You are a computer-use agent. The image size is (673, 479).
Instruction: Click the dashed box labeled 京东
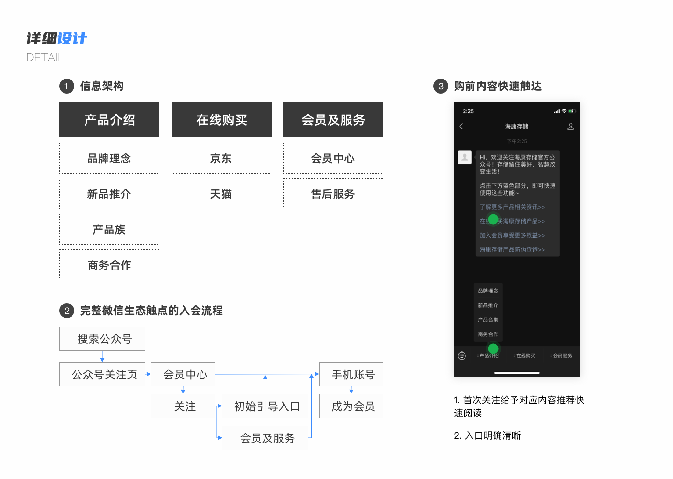[221, 159]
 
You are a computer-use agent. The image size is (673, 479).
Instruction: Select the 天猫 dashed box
[221, 194]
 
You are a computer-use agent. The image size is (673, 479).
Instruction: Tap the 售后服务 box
[333, 194]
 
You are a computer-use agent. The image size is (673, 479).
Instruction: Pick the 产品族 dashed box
[109, 230]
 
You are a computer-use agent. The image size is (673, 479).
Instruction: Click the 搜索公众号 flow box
[102, 339]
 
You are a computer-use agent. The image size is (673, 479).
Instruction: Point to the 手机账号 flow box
[351, 374]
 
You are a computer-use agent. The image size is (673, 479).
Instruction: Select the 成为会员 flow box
[351, 406]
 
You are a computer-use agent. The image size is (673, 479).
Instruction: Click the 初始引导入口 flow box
[265, 406]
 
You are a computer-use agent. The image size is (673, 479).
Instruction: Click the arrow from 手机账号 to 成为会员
[351, 390]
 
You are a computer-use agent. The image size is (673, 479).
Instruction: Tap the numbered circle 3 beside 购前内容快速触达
[440, 86]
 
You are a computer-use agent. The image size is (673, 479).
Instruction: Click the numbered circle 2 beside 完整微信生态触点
[67, 311]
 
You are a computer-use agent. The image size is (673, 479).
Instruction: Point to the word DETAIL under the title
[45, 58]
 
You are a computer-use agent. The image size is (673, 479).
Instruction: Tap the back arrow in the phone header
[461, 126]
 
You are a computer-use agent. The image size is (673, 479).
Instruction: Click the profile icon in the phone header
[571, 126]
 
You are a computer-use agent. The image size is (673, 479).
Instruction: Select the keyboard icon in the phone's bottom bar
[462, 356]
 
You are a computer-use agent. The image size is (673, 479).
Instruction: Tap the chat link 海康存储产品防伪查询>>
[512, 250]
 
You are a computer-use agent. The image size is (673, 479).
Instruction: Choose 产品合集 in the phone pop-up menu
[488, 320]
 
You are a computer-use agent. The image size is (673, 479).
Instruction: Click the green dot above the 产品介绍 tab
[493, 348]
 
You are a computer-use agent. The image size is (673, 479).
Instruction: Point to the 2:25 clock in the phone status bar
[468, 111]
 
